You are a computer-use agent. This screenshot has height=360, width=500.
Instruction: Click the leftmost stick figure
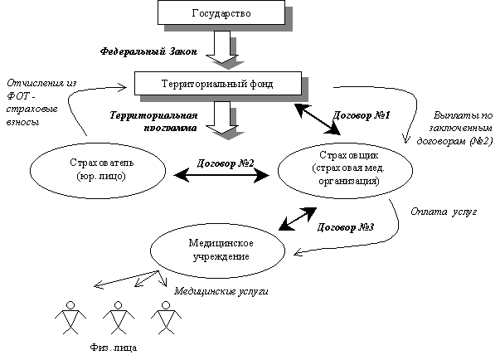coord(70,318)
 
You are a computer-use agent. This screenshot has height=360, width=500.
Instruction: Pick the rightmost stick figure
coord(165,318)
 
